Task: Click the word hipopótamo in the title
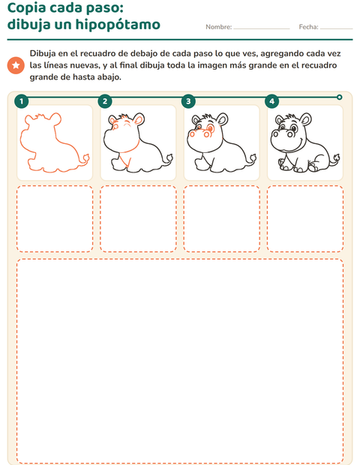118,25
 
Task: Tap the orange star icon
16,65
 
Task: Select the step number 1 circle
21,101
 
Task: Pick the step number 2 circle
105,101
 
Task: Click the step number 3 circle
188,101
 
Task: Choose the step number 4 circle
272,101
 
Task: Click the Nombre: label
219,27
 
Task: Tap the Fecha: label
309,27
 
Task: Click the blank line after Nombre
262,29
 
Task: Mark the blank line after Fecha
337,29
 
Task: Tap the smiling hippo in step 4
304,142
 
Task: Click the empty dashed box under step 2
138,219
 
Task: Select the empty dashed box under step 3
222,219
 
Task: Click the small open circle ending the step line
340,97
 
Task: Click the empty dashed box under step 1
55,219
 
